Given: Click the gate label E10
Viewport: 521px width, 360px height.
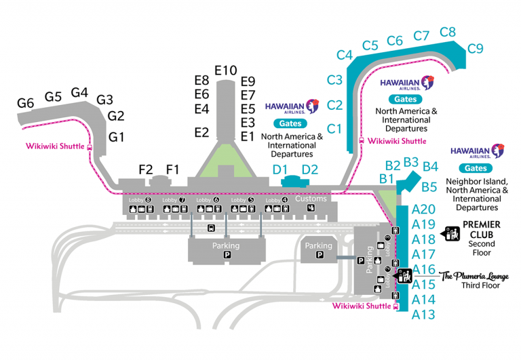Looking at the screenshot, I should [226, 70].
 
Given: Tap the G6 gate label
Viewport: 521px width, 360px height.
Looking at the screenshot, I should [26, 103].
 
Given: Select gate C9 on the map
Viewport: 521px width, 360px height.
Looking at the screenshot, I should [475, 48].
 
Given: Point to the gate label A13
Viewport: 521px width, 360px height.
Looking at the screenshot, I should [423, 315].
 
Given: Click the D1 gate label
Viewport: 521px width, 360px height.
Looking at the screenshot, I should [280, 169].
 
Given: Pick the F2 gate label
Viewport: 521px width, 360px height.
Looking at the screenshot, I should [146, 169].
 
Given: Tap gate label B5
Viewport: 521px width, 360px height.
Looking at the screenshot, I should [429, 187].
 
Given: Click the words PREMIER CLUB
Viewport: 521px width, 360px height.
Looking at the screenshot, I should [481, 229].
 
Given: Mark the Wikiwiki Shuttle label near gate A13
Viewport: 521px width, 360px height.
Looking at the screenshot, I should [361, 306].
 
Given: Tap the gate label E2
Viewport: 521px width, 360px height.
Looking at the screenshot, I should [201, 132].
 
